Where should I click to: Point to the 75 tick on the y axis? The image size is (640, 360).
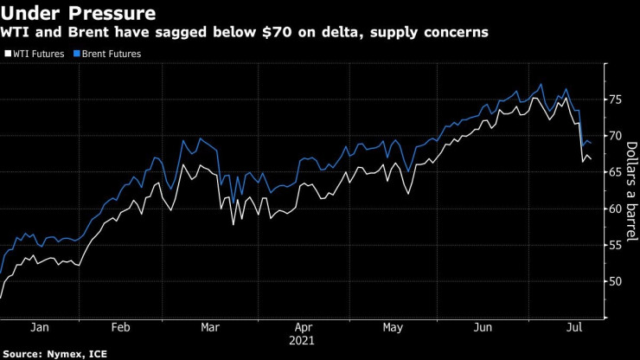point(615,100)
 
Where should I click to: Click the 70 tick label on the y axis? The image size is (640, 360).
point(615,136)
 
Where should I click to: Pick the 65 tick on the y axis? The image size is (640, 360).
point(615,172)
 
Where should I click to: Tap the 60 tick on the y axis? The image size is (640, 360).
point(615,209)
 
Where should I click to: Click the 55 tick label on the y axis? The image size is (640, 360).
point(615,245)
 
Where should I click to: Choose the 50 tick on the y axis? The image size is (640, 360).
point(615,281)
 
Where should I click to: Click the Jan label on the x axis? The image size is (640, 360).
point(40,328)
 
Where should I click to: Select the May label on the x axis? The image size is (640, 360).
point(394,328)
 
